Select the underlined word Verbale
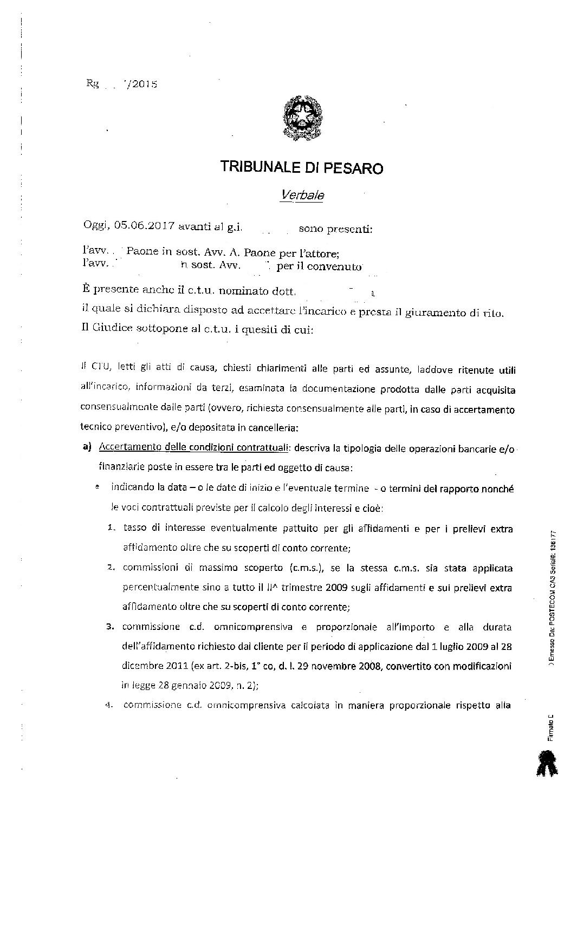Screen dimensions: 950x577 (302, 194)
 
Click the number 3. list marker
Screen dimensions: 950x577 (110, 627)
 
